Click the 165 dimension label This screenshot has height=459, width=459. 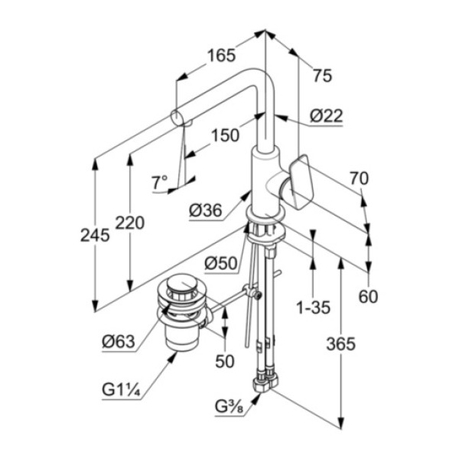(220, 55)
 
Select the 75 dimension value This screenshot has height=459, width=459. (323, 75)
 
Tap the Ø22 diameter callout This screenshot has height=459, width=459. (326, 116)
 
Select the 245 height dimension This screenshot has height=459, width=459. (95, 236)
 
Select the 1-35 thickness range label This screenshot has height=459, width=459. (313, 308)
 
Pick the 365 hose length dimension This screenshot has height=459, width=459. (340, 343)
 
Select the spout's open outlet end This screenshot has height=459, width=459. (176, 118)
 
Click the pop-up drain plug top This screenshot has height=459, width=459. (181, 289)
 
